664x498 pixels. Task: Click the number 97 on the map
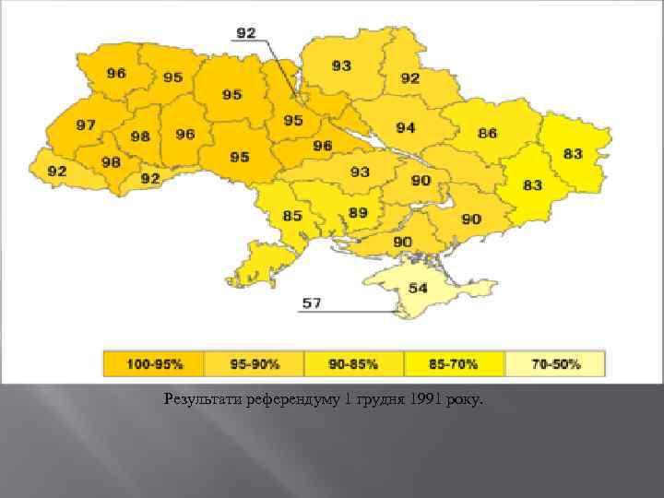[86, 125]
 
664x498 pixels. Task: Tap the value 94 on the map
[406, 127]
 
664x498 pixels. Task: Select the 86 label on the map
[487, 133]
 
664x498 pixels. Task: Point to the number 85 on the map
[292, 216]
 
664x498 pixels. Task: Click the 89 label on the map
[358, 212]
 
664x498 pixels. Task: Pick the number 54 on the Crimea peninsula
[418, 288]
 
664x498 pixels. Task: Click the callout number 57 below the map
[312, 302]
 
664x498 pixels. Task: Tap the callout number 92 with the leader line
[246, 32]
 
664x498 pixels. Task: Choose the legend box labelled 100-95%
[154, 364]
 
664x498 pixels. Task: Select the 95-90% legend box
[254, 364]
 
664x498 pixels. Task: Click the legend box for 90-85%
[353, 364]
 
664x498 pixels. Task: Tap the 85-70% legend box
[454, 364]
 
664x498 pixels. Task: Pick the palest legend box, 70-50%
[554, 364]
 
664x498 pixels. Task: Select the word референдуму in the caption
[288, 399]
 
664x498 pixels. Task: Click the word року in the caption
[472, 399]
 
